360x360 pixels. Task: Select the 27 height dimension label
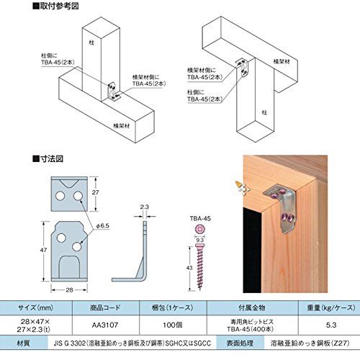[95, 192]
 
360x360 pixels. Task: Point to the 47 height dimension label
[43, 250]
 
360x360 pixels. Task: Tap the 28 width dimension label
[69, 290]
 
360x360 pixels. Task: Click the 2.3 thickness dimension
[144, 207]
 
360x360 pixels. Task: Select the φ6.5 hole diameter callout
[103, 226]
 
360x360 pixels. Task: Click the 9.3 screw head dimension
[199, 240]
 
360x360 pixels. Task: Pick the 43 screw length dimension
[189, 267]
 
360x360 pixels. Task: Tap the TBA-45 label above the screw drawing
[200, 218]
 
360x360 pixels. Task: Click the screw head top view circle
[199, 229]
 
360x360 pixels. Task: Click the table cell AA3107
[105, 325]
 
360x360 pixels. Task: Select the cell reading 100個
[173, 325]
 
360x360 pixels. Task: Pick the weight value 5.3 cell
[331, 325]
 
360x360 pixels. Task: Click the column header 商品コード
[105, 307]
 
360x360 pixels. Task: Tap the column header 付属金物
[252, 307]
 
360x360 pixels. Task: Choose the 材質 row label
[23, 343]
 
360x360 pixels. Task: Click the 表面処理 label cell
[240, 343]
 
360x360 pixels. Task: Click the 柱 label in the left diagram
[91, 42]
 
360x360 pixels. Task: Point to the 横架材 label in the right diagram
[282, 61]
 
